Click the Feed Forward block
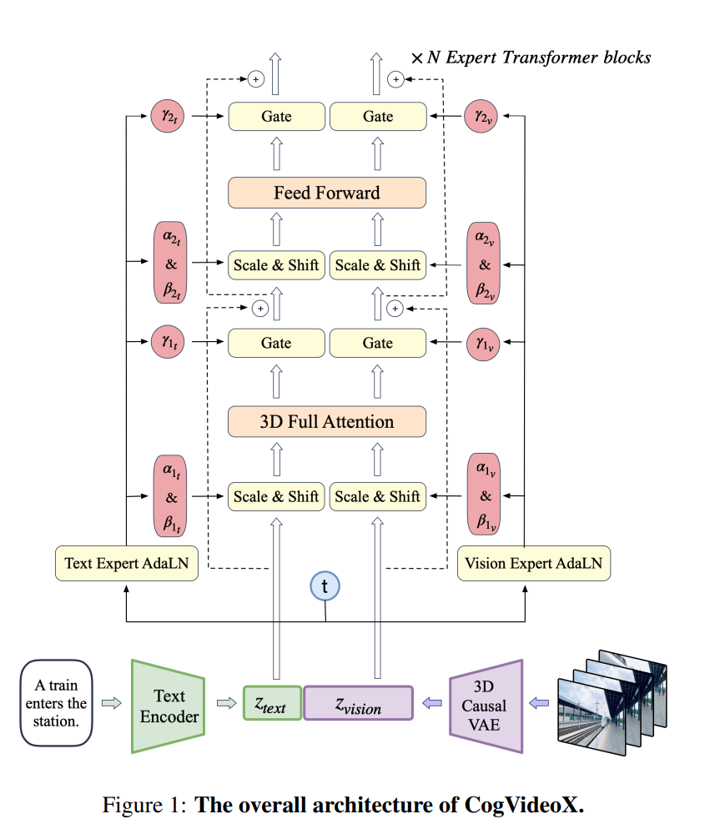click(x=326, y=193)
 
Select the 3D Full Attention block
click(x=326, y=421)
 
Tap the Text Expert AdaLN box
click(x=126, y=565)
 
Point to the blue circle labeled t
click(x=325, y=587)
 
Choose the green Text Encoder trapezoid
click(x=169, y=706)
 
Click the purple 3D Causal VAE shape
click(x=486, y=706)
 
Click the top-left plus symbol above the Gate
click(x=256, y=79)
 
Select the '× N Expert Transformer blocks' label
click(x=531, y=58)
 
